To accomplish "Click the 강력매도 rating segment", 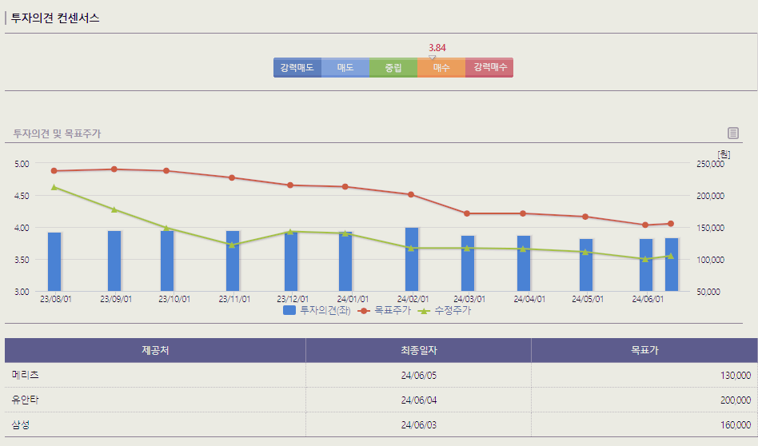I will click(297, 68).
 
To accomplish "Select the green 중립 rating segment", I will click(393, 68).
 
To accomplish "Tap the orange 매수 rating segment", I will click(441, 68).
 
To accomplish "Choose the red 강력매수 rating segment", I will click(489, 68).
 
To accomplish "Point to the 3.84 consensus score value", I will click(437, 48).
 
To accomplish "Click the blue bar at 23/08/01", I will click(54, 261).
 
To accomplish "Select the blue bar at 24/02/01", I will click(412, 259).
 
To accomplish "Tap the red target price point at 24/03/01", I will click(467, 213).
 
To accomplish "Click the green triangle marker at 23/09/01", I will click(114, 209).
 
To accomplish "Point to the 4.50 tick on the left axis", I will click(22, 196).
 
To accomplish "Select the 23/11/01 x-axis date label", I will click(234, 300).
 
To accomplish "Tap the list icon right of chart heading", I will click(733, 133).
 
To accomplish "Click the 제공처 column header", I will click(155, 350).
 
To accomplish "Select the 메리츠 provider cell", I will click(26, 375).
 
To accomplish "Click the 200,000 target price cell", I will click(736, 400).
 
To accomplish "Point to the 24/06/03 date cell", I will click(418, 424).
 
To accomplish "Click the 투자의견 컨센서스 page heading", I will click(55, 18).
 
